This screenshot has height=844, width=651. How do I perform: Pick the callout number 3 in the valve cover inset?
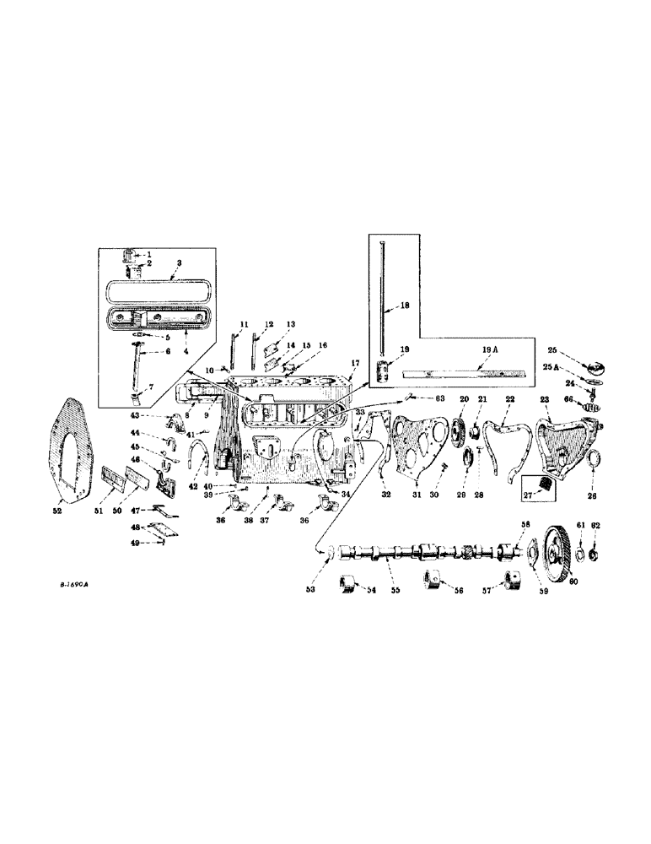180,263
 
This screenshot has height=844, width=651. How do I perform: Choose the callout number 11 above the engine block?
245,324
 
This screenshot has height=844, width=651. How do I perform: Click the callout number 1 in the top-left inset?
150,254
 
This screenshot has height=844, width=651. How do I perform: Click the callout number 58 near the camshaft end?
525,525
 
